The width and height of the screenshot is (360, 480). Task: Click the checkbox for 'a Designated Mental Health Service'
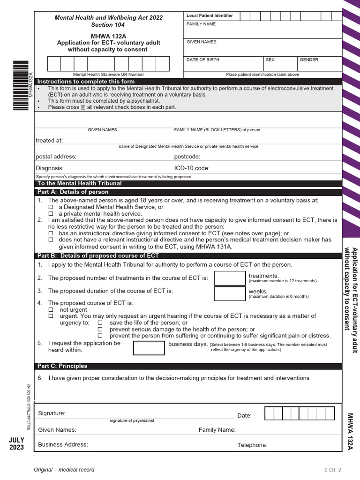click(x=52, y=207)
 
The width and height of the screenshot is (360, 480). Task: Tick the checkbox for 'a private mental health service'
click(x=52, y=213)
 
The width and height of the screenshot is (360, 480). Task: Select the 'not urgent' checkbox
click(x=52, y=310)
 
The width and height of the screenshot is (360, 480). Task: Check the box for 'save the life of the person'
click(x=100, y=322)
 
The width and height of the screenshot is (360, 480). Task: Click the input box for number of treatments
click(x=230, y=278)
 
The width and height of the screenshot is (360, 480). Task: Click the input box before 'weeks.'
click(x=230, y=293)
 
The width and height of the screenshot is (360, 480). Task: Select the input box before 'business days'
click(x=149, y=348)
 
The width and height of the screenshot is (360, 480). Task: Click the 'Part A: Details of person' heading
click(x=73, y=192)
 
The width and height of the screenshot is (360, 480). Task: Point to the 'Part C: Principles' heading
click(x=62, y=366)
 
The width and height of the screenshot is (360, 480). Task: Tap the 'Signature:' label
click(x=52, y=413)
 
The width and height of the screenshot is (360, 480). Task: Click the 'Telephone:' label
click(x=252, y=445)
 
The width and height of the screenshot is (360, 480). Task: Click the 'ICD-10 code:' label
click(x=192, y=168)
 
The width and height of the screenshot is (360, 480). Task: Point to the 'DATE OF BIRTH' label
click(x=203, y=60)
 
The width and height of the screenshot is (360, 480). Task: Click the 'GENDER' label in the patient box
click(x=309, y=60)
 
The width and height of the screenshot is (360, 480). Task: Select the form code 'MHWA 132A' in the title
click(x=109, y=36)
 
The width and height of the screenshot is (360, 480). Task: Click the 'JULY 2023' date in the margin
click(x=16, y=443)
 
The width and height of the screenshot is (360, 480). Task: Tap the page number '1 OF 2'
click(x=332, y=470)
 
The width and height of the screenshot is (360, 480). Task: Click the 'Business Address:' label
click(x=63, y=444)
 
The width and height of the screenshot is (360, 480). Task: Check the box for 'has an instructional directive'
click(x=52, y=233)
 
